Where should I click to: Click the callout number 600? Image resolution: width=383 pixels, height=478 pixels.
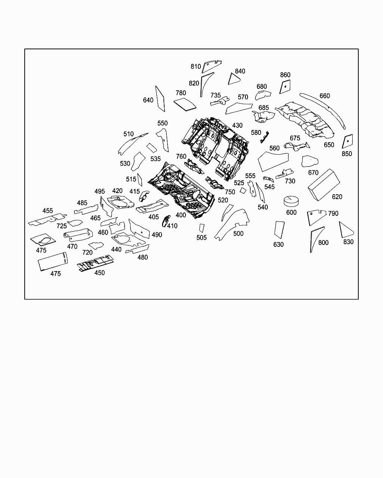[x=291, y=212]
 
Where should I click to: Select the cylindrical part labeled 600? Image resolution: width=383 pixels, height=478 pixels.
[x=292, y=201]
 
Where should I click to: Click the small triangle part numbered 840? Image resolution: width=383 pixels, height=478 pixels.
[x=234, y=78]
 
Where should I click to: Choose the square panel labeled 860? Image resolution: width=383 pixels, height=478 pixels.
[x=285, y=87]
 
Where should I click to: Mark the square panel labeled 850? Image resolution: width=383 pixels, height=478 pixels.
[x=347, y=142]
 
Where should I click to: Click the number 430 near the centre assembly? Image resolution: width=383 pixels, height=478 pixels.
[x=238, y=125]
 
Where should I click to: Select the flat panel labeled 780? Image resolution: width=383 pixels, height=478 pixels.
[x=185, y=103]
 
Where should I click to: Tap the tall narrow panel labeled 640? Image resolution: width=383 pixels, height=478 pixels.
[x=160, y=99]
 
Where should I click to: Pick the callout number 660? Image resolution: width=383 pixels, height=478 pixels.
[x=325, y=96]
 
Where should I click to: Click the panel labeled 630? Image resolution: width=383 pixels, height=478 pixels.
[x=279, y=229]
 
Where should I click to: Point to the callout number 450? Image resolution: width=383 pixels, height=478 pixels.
[x=99, y=273]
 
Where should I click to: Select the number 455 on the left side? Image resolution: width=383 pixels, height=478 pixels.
[x=48, y=211]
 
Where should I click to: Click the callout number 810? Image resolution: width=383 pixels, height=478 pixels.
[x=196, y=66]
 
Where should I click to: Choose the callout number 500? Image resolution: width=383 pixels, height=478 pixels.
[x=238, y=233]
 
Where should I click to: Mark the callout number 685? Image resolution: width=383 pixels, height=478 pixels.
[x=264, y=108]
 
